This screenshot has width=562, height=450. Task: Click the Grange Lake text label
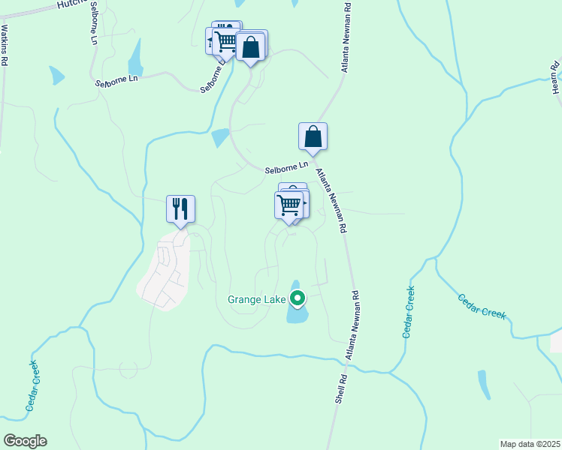[256, 300]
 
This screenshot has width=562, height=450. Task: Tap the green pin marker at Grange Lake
[298, 298]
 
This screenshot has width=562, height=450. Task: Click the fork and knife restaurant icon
[180, 208]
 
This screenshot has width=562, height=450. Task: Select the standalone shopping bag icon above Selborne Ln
[313, 136]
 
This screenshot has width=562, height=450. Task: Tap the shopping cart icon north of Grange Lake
[289, 205]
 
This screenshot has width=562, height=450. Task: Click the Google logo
[25, 441]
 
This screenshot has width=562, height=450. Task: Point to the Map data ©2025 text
[530, 444]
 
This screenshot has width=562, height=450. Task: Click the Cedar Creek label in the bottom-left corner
[32, 385]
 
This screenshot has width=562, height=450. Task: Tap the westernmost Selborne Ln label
[117, 79]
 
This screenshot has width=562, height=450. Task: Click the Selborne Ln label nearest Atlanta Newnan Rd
[286, 167]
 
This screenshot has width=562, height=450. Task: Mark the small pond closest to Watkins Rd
[56, 75]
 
